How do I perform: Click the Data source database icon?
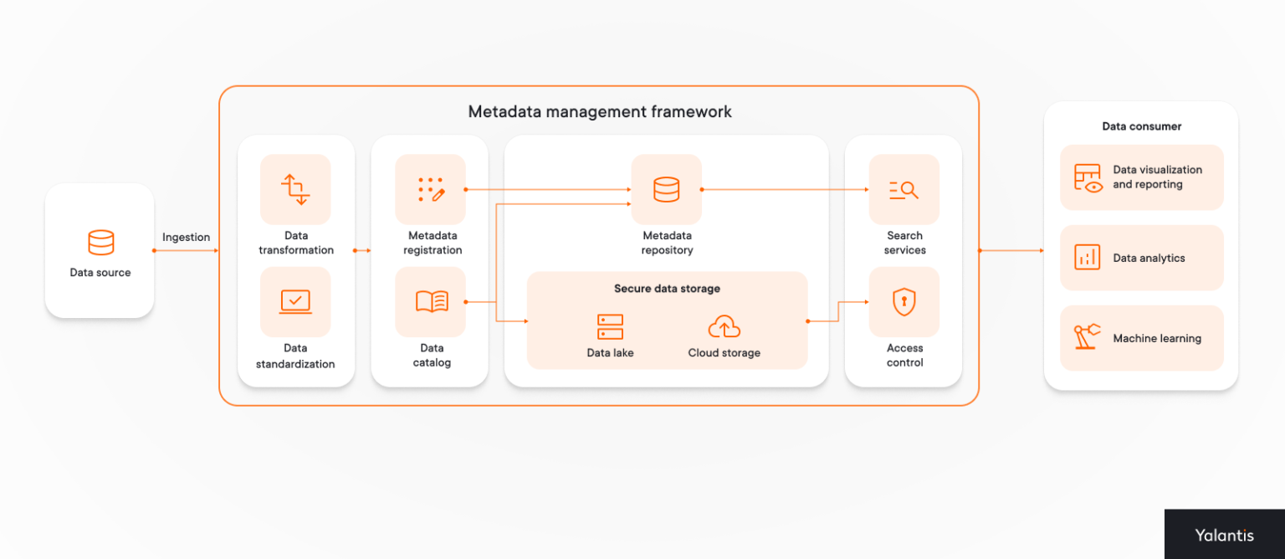[100, 243]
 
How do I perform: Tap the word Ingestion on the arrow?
[186, 237]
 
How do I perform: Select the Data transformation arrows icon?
[295, 189]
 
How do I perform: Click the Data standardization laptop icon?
[295, 301]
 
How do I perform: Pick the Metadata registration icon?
[431, 189]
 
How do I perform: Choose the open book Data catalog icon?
[432, 301]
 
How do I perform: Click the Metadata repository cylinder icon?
[666, 189]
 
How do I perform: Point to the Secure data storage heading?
[667, 289]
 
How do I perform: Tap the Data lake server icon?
[610, 326]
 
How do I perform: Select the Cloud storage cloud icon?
[724, 326]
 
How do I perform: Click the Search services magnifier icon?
[904, 190]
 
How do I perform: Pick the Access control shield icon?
[904, 301]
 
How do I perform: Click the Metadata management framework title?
[599, 112]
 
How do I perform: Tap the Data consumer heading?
[1141, 126]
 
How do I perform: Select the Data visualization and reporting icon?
[1088, 177]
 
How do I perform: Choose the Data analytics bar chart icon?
[1087, 257]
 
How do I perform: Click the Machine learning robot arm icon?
[1087, 337]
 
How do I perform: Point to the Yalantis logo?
[1224, 536]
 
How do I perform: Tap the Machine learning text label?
[1156, 339]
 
